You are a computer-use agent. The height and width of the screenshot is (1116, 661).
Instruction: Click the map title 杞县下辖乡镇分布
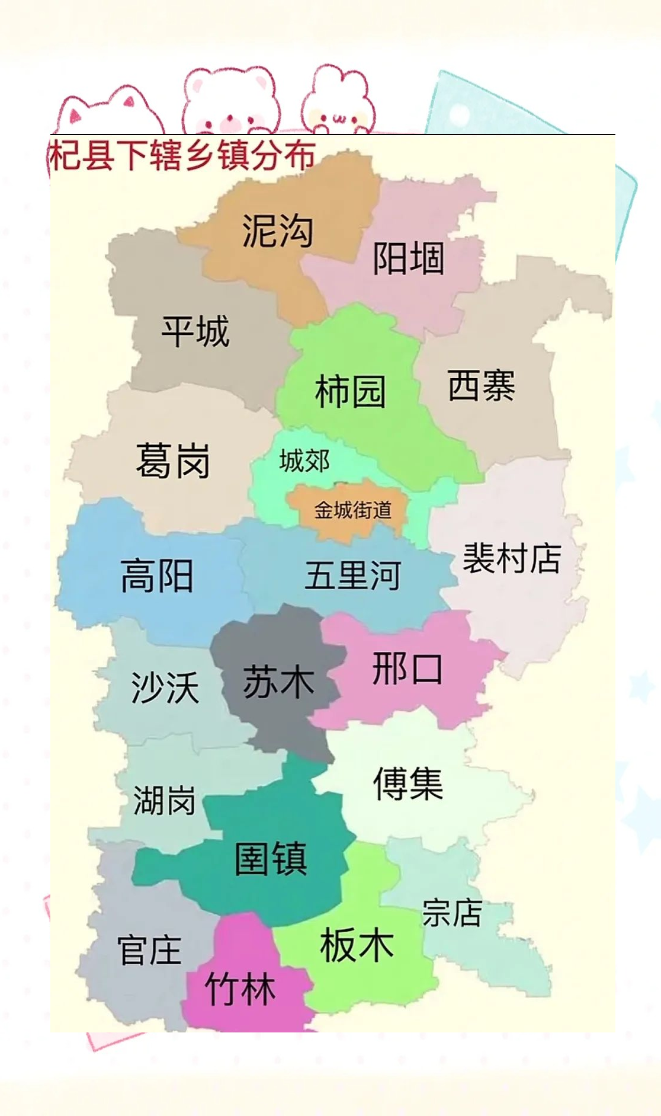182,156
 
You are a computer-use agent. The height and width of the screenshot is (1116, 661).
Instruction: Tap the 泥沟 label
277,231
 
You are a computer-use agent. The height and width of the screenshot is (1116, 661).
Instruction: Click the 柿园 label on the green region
350,391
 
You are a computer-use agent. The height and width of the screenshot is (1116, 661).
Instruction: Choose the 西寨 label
481,385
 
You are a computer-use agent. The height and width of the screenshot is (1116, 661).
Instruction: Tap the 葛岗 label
173,461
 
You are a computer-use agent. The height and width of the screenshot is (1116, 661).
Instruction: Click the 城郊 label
304,461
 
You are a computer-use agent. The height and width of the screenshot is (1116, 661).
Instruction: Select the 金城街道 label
352,510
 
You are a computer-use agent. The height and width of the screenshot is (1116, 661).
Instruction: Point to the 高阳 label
157,575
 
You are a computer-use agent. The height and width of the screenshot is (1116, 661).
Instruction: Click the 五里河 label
353,575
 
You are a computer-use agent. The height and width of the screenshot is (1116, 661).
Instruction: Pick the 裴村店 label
512,558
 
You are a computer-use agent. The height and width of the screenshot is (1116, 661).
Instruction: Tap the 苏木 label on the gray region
278,681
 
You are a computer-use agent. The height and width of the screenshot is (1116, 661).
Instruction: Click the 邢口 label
407,669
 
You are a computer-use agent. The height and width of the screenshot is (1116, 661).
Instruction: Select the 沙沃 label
165,687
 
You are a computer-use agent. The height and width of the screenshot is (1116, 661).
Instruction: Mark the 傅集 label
408,783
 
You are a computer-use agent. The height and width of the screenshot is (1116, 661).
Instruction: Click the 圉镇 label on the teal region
271,858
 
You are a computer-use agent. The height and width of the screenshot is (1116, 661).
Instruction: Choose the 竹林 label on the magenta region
240,989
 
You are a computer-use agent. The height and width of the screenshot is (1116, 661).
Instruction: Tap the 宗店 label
452,912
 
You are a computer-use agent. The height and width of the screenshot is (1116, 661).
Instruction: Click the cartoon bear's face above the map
230,104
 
